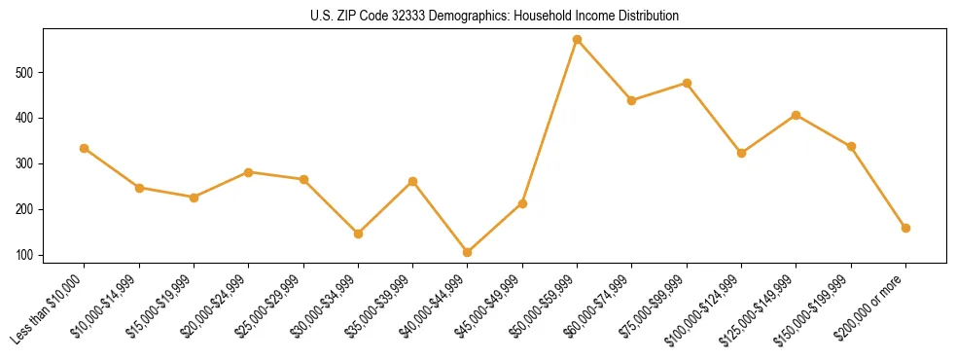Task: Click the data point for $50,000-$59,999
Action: [577, 40]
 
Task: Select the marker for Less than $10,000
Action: [85, 148]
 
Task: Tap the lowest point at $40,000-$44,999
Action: [468, 252]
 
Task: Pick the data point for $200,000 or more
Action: [905, 228]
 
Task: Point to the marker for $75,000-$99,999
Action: [687, 84]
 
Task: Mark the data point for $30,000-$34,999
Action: [358, 234]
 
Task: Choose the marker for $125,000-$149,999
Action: [796, 115]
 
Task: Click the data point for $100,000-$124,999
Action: [741, 153]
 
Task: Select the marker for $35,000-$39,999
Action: [412, 181]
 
